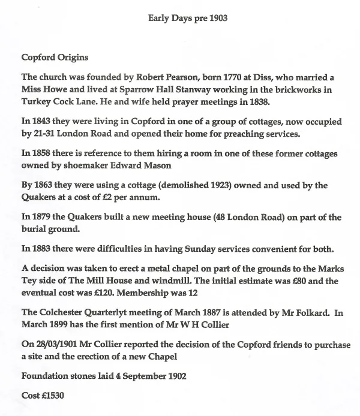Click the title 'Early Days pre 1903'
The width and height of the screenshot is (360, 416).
click(187, 19)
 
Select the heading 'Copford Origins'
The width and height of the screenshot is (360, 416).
click(55, 58)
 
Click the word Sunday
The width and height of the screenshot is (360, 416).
click(179, 249)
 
